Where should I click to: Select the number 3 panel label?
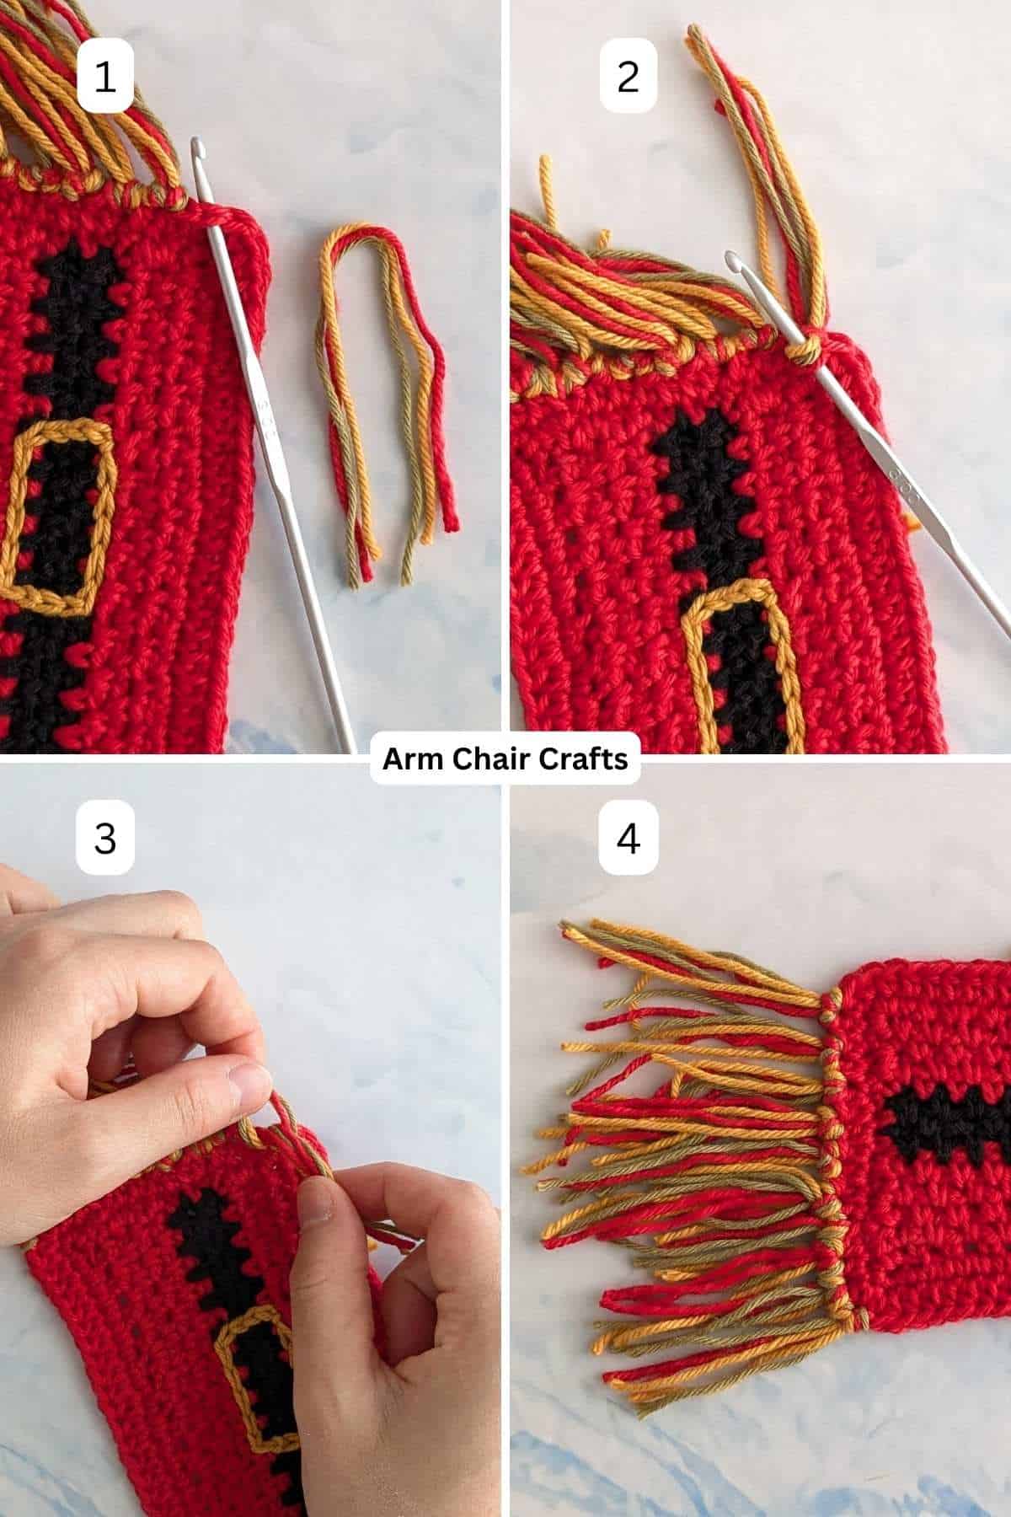104,839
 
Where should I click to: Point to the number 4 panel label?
628,839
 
